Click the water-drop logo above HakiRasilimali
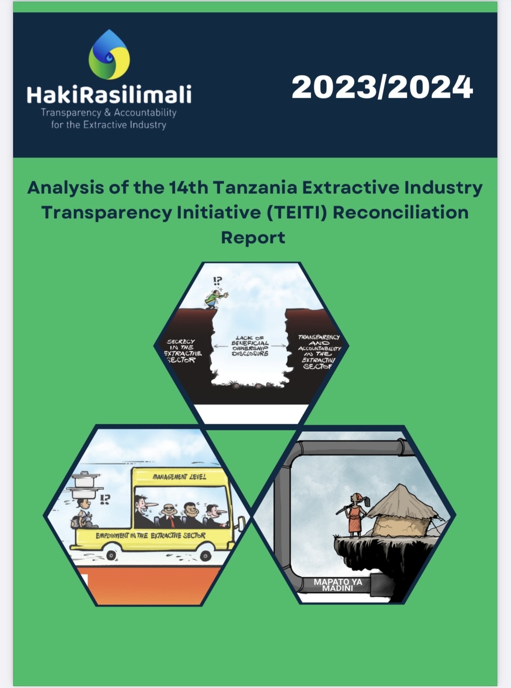tap(109, 55)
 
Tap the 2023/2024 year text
tap(382, 87)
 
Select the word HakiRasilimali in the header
tap(109, 94)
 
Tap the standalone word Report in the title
tap(253, 237)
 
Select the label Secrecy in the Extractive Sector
tap(182, 351)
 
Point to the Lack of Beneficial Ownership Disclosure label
tap(250, 345)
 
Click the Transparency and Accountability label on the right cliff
tap(318, 351)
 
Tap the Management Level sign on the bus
tap(180, 477)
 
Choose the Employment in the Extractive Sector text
tap(151, 535)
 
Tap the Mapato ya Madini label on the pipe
tap(338, 585)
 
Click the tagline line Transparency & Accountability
tap(109, 113)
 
